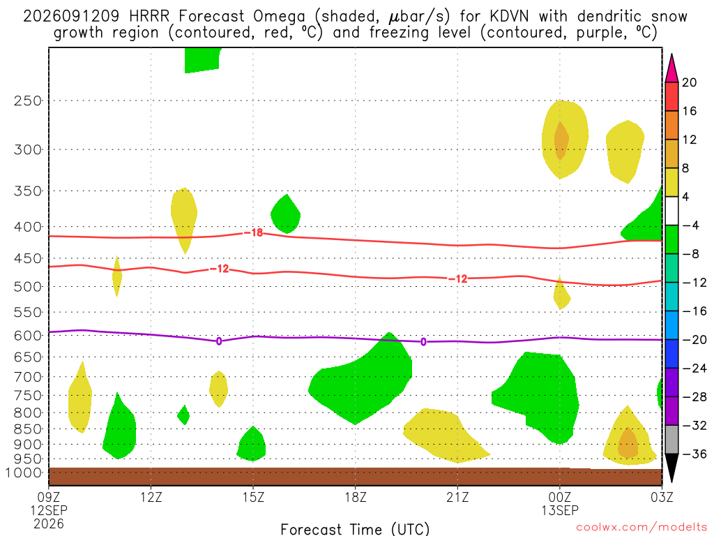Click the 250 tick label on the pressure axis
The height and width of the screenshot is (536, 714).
(28, 100)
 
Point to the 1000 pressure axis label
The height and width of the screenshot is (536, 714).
(23, 473)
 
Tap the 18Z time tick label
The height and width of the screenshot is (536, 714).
(356, 497)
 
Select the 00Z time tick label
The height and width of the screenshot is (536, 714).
(560, 497)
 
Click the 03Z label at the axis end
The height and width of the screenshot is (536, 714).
(662, 497)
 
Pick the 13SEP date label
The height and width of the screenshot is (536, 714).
(560, 510)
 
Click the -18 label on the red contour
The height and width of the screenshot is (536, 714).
(254, 233)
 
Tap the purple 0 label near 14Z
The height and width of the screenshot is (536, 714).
(219, 341)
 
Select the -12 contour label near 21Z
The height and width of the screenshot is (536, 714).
(458, 279)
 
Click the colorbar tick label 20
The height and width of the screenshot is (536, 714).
(689, 82)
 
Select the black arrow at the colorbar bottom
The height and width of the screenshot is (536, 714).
(671, 467)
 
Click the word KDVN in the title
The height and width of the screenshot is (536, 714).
(509, 17)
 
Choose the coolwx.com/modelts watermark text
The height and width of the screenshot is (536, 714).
(641, 528)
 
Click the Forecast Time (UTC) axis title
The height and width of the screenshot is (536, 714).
(355, 529)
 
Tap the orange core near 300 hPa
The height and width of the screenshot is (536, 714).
(561, 140)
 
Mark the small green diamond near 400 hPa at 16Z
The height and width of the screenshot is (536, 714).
(285, 214)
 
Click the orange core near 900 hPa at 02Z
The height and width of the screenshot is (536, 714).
(628, 442)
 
